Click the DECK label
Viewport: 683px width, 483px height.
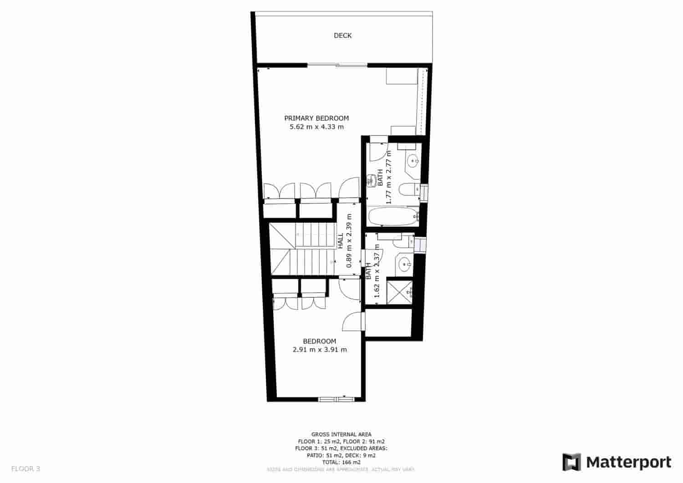click(x=342, y=36)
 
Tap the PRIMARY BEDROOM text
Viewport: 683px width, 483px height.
click(x=316, y=118)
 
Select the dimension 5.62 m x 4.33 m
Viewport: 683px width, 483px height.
click(x=316, y=127)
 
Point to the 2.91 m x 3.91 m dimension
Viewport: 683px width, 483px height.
click(x=320, y=350)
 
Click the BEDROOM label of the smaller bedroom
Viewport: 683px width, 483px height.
click(x=320, y=341)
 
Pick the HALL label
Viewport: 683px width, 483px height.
click(x=340, y=241)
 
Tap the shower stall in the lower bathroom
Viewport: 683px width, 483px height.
click(x=400, y=292)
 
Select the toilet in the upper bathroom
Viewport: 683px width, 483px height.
click(x=408, y=189)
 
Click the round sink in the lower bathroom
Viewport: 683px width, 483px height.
click(x=404, y=263)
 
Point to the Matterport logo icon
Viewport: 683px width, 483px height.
click(x=571, y=462)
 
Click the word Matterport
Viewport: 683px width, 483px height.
click(x=629, y=462)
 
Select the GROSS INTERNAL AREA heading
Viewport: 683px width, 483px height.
click(x=341, y=434)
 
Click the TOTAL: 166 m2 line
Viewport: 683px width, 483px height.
click(x=341, y=462)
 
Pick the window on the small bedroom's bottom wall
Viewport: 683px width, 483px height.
click(x=336, y=399)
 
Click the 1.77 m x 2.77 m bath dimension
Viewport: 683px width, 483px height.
click(x=389, y=177)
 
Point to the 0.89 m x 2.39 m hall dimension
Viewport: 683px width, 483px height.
click(x=349, y=241)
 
